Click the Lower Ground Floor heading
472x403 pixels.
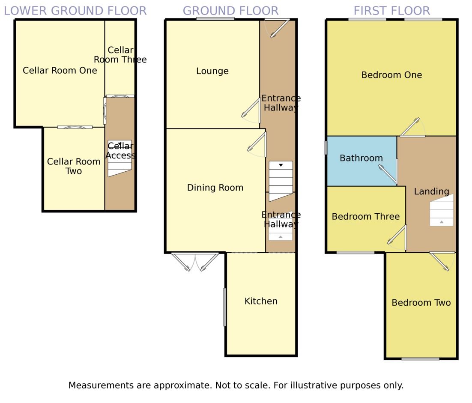[x=75, y=11]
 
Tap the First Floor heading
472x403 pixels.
[x=391, y=11]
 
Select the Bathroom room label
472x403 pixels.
[x=361, y=158]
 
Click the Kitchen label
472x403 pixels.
[x=261, y=301]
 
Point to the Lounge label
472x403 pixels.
[x=212, y=71]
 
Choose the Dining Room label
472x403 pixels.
[x=215, y=188]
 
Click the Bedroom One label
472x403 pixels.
[x=391, y=75]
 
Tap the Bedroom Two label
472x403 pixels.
[x=421, y=303]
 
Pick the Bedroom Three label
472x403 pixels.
[x=365, y=217]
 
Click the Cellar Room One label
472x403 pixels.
[x=60, y=70]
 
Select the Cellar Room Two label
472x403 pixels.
[x=74, y=166]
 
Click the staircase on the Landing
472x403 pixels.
[x=442, y=210]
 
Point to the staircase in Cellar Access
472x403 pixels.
[x=119, y=158]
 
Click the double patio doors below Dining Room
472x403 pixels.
[x=195, y=262]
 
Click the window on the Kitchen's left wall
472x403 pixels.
[x=224, y=307]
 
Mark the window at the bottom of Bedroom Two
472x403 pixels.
[x=420, y=359]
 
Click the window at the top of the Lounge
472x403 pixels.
[x=215, y=18]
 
